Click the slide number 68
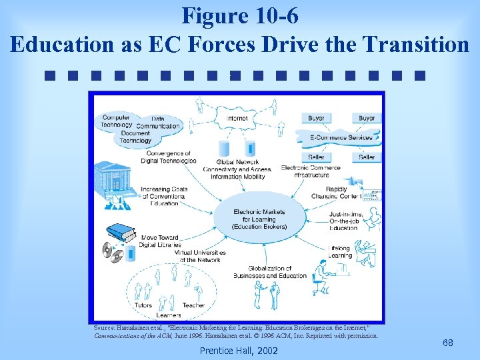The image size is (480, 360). point(448,343)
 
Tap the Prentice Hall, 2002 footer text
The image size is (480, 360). point(239,350)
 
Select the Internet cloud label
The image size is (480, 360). point(237,119)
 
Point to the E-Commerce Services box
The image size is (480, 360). point(341,137)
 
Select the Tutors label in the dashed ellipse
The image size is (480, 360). point(143,305)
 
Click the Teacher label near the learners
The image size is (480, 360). point(193,305)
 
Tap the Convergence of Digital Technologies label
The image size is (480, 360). point(170,157)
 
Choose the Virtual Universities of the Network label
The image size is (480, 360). point(200,257)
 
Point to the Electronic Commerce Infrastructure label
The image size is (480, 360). point(311,171)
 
